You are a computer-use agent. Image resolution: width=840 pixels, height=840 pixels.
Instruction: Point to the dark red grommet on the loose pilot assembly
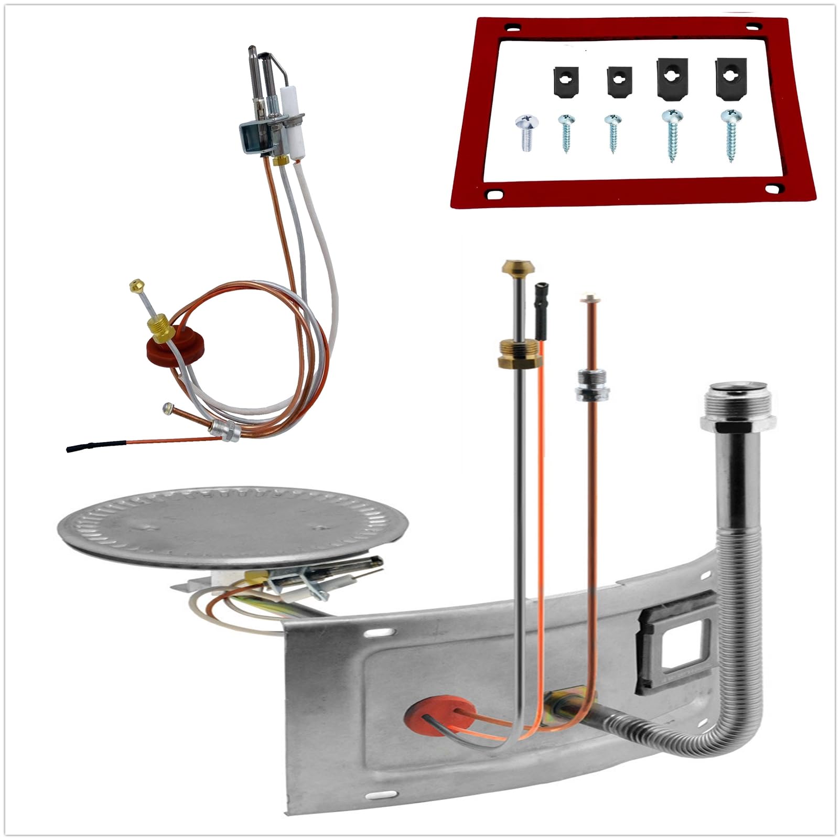176,346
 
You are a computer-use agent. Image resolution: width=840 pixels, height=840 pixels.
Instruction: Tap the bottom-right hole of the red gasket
772,188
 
